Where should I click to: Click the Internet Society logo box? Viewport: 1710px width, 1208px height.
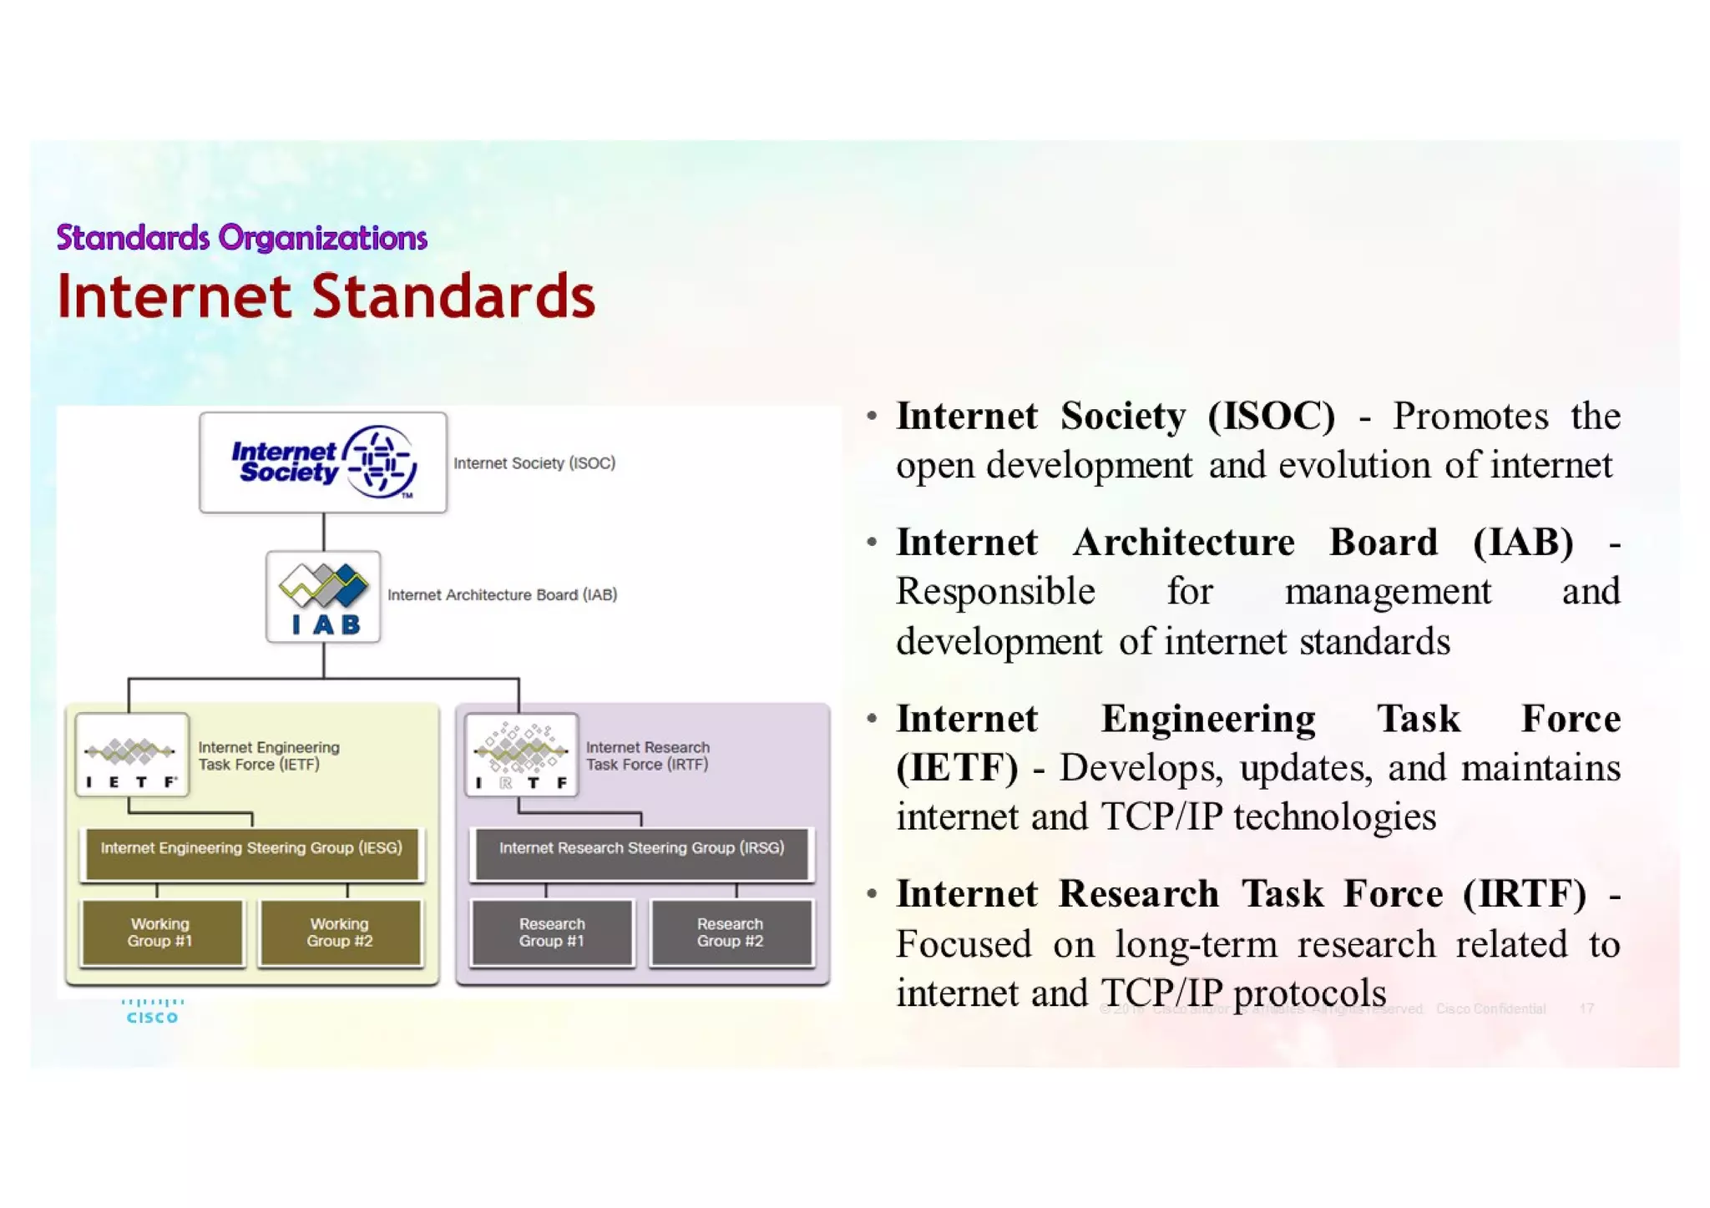(x=323, y=462)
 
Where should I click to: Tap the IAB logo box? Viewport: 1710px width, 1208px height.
(x=323, y=596)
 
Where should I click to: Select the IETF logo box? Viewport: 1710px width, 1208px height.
(x=132, y=755)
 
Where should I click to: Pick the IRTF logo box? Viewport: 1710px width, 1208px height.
(x=522, y=755)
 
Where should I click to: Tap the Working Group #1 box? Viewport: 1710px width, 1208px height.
(x=160, y=933)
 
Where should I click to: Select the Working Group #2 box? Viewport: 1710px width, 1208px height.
(x=340, y=933)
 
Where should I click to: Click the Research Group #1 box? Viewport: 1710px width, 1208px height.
(x=552, y=933)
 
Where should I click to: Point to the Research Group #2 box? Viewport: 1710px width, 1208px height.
(x=731, y=933)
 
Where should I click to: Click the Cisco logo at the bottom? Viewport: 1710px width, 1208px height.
(x=152, y=1011)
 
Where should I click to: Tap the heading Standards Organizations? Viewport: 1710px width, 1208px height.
(x=241, y=238)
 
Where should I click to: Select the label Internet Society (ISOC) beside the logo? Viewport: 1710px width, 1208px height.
(x=534, y=463)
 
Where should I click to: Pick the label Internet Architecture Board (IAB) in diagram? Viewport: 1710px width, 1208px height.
(x=502, y=595)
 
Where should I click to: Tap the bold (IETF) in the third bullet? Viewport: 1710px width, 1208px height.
(x=957, y=768)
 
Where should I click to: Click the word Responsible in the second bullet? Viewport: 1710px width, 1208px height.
(x=995, y=592)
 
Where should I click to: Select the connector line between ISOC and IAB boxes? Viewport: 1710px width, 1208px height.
(x=324, y=532)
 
